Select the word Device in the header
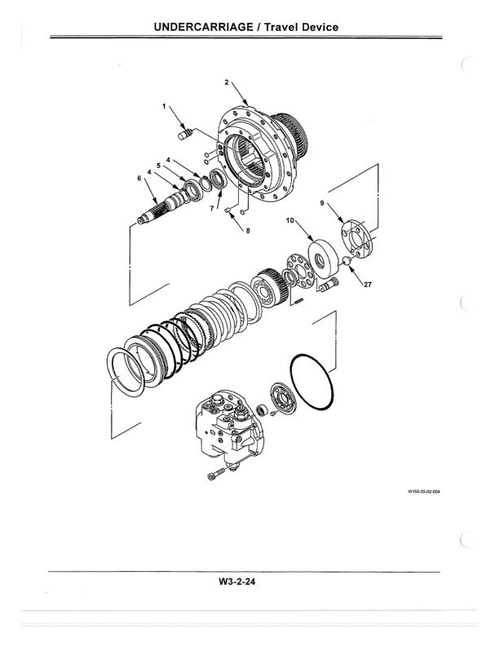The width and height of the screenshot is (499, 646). coord(315,27)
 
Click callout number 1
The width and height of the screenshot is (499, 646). coord(163,107)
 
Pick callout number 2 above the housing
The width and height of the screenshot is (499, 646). coord(226,83)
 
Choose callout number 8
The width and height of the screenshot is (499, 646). coord(249,232)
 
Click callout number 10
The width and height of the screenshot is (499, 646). coord(289,220)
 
